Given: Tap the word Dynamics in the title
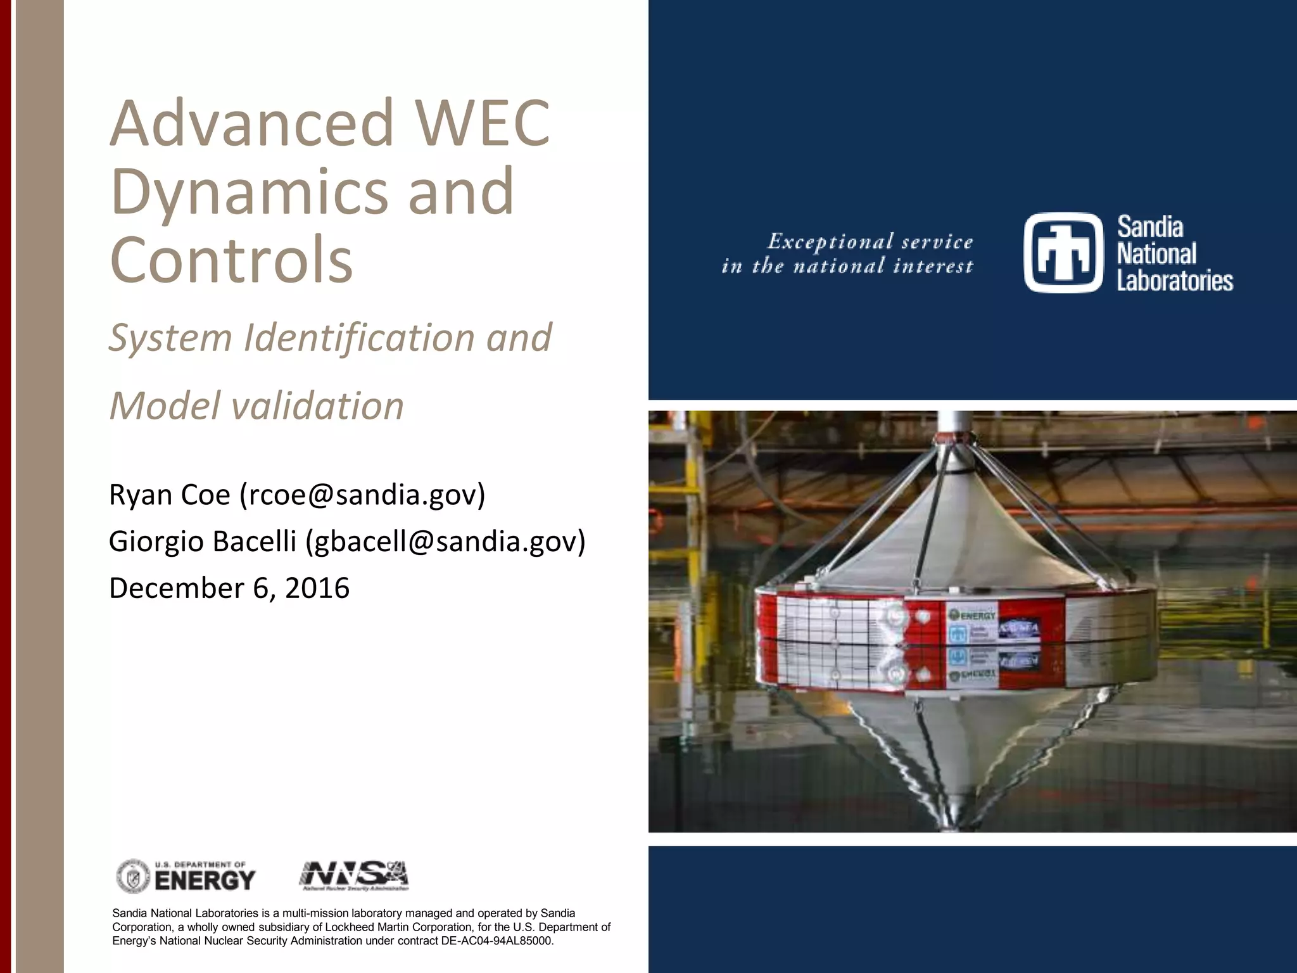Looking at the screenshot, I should tap(248, 192).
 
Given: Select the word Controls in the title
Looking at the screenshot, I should tap(231, 260).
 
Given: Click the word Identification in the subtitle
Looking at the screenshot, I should tap(360, 337).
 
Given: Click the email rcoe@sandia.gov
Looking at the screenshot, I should tap(362, 495).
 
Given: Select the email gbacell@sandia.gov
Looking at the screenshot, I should tap(445, 542).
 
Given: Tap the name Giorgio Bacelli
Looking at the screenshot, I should tap(203, 542).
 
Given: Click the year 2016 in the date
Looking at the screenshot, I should tap(317, 588).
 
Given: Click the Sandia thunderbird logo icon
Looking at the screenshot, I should tap(1063, 253).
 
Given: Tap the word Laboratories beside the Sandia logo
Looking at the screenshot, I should tap(1175, 281).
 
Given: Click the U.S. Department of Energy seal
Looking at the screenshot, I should tap(133, 877).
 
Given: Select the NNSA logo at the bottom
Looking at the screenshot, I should tap(353, 876).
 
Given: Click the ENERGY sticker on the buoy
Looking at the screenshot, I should tap(973, 614).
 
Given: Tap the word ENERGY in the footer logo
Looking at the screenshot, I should tap(205, 881).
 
